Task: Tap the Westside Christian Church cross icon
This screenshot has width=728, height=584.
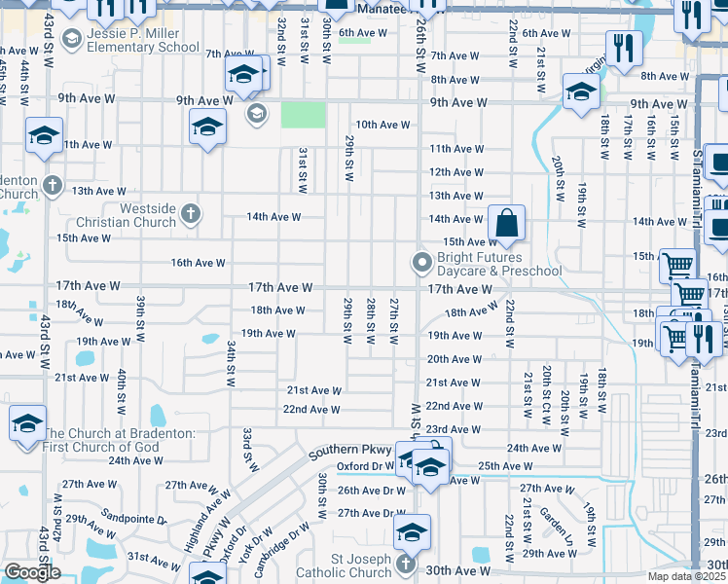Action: pos(191,212)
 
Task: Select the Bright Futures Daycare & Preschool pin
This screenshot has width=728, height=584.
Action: pos(421,262)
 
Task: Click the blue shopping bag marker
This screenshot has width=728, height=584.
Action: pos(506,223)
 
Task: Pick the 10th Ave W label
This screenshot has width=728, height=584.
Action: pos(382,125)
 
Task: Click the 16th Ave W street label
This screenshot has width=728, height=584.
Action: pos(199,263)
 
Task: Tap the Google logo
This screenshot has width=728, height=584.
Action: pos(32,572)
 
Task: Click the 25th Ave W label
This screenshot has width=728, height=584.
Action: pos(505,466)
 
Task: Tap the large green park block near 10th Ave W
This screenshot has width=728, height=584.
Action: pos(304,115)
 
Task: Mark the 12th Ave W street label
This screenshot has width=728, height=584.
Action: pos(456,172)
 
